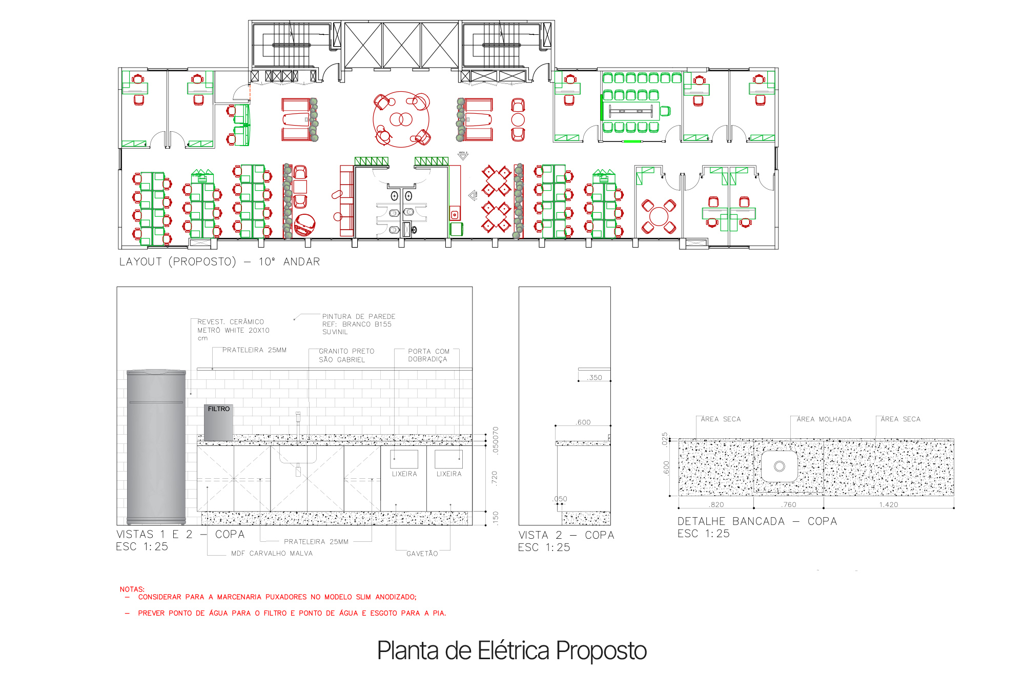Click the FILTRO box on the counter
(218, 422)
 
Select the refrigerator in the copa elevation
(156, 446)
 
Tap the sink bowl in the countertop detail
(779, 466)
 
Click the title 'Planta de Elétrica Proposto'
(511, 650)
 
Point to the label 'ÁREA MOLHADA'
(824, 419)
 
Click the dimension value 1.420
(888, 504)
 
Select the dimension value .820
(716, 504)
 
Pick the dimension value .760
(789, 504)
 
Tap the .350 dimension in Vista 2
(595, 378)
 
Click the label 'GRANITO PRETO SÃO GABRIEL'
(346, 355)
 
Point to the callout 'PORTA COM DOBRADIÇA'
(428, 355)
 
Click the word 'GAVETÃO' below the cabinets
(422, 554)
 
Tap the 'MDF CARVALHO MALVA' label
(272, 554)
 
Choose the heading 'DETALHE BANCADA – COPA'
(757, 521)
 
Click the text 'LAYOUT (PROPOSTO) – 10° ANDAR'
(219, 262)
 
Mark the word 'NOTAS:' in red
(132, 589)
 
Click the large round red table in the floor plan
(401, 119)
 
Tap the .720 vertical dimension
(495, 478)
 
